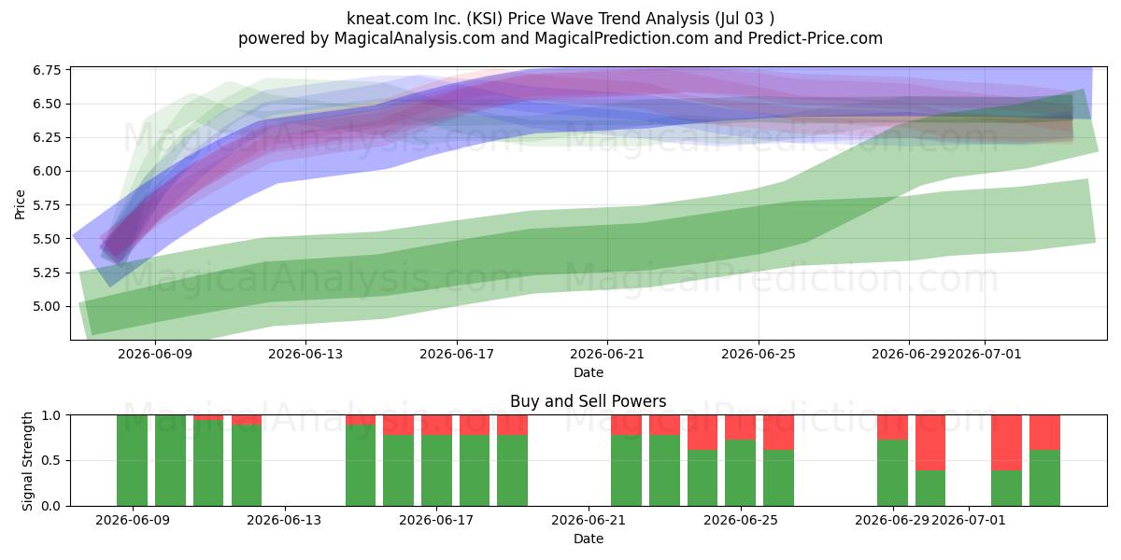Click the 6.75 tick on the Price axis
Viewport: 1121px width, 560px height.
tap(47, 69)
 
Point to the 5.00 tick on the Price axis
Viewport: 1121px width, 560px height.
tap(47, 306)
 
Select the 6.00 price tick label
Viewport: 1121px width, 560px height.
tap(47, 171)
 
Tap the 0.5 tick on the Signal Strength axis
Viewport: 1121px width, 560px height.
tap(51, 460)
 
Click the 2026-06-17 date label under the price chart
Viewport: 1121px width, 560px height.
tap(457, 354)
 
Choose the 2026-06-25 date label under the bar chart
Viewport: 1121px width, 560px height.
tap(741, 520)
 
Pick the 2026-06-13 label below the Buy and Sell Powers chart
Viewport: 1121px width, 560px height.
tap(284, 520)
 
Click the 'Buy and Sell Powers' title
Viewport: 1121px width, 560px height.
tap(588, 401)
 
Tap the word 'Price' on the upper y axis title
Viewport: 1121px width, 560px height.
tap(20, 204)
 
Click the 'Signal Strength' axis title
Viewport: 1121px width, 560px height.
tap(27, 461)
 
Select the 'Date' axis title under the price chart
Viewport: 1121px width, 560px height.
tap(589, 372)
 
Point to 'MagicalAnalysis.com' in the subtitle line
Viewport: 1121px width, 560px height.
tap(415, 38)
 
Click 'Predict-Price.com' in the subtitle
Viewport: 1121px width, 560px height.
tap(816, 38)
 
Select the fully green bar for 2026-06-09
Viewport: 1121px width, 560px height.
tap(132, 460)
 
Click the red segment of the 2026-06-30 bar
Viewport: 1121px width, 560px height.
tap(930, 442)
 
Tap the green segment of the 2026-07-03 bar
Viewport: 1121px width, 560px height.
tap(1044, 478)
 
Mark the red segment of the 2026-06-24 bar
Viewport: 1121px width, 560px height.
tap(702, 432)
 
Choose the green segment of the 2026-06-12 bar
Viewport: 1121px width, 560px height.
tap(247, 465)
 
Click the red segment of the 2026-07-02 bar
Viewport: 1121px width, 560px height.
tap(1006, 442)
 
